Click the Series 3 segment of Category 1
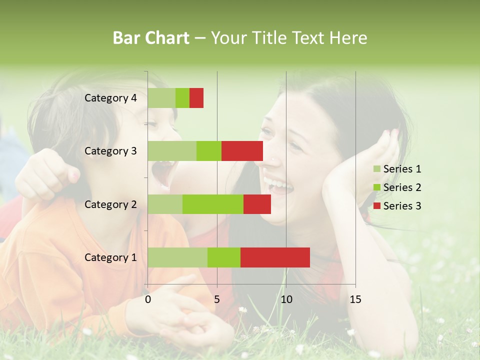(275, 257)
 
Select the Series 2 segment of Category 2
(213, 204)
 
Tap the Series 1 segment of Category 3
(172, 151)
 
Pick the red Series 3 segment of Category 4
(196, 98)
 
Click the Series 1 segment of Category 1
(177, 257)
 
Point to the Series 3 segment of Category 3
(242, 151)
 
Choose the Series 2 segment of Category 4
(182, 98)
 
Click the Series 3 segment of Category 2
(257, 204)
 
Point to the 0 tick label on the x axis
(148, 299)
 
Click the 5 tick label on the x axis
(217, 299)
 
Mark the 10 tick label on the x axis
(286, 299)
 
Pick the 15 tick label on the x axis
(355, 299)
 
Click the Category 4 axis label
(110, 98)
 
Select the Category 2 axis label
(110, 204)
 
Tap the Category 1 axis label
(110, 257)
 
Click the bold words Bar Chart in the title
(151, 38)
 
